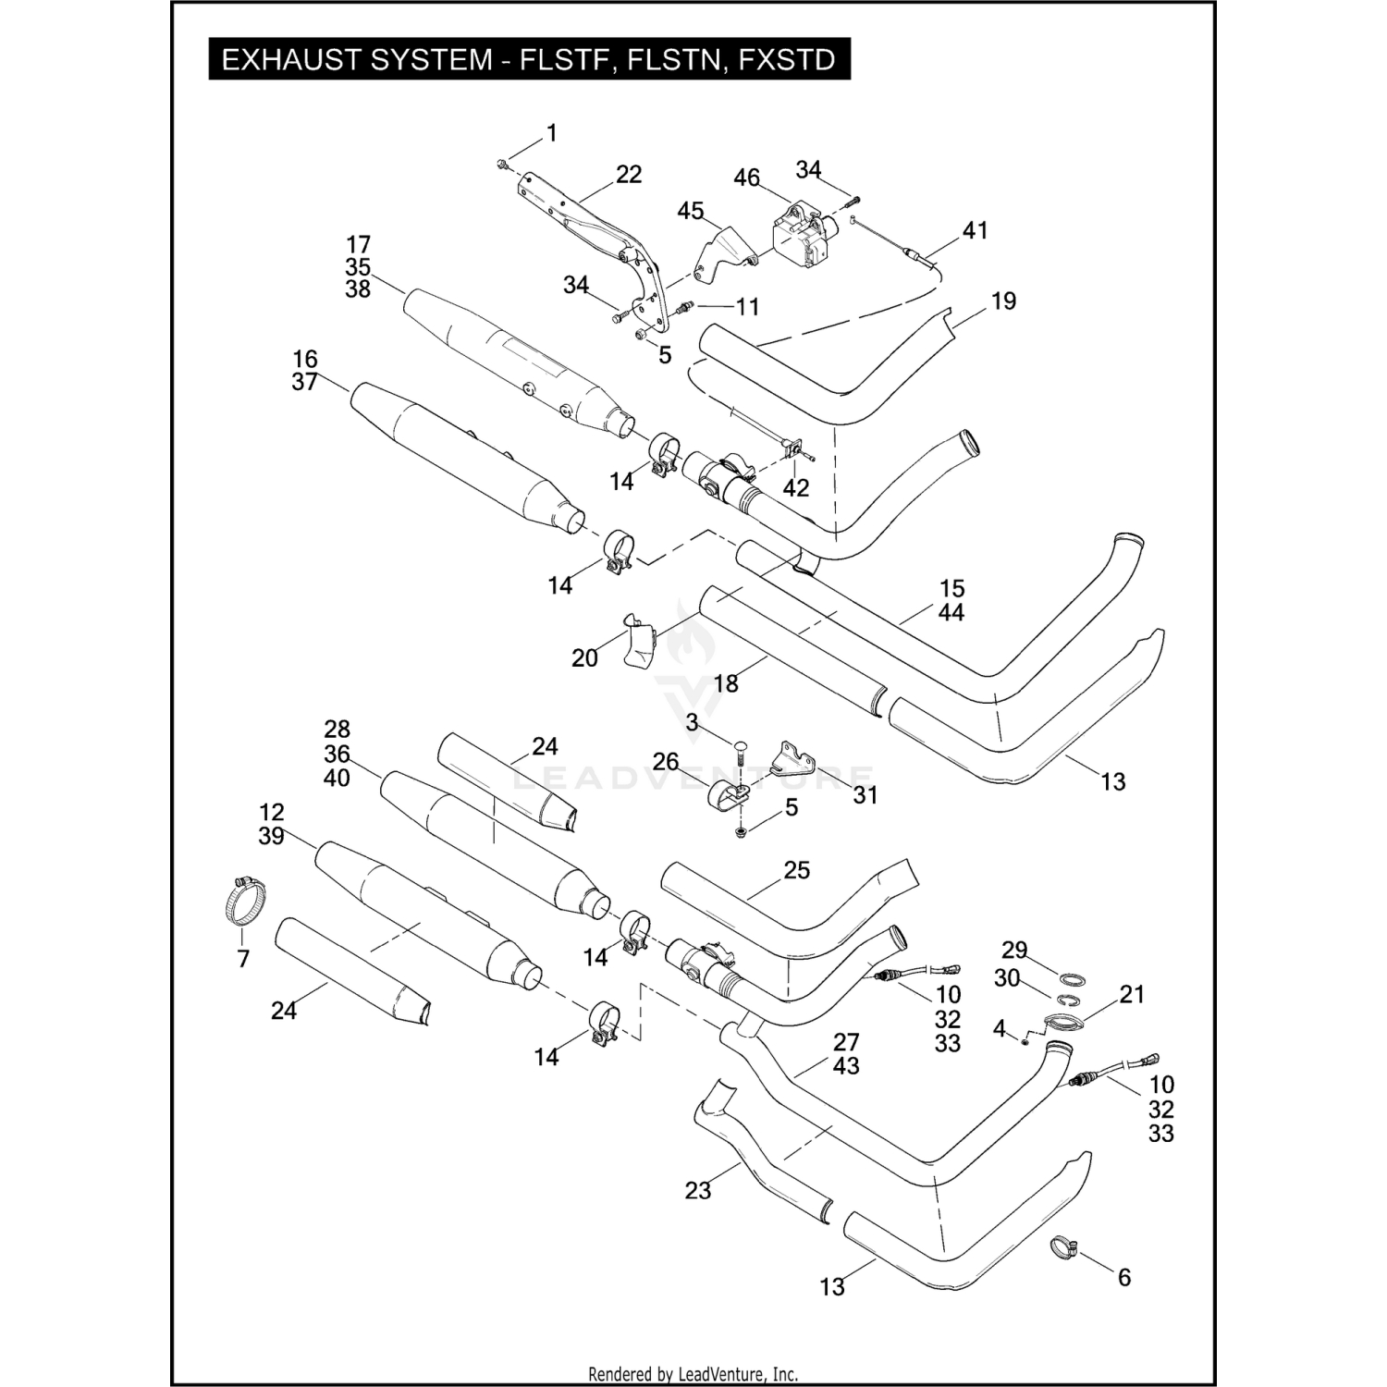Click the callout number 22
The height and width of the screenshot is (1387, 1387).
(x=628, y=175)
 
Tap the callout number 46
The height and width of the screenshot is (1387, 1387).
(x=746, y=178)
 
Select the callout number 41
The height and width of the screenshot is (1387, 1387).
(x=976, y=230)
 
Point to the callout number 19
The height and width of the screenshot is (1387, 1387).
(x=1003, y=301)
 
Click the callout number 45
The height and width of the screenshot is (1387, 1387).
(x=691, y=212)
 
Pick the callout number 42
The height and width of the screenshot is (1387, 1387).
(x=795, y=487)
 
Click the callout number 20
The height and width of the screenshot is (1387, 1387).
(x=584, y=658)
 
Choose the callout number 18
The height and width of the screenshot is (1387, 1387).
(x=727, y=683)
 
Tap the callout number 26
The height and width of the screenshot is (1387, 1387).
(x=666, y=762)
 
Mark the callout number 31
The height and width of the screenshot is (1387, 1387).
(x=865, y=795)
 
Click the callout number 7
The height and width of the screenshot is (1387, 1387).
(x=243, y=959)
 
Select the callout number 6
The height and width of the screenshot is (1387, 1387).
(x=1124, y=1277)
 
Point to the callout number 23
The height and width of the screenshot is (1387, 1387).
(x=698, y=1190)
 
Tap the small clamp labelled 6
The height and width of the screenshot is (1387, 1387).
(x=1065, y=1248)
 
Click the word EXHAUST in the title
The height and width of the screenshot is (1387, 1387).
(x=286, y=60)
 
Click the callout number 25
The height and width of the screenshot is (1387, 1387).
(x=796, y=870)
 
